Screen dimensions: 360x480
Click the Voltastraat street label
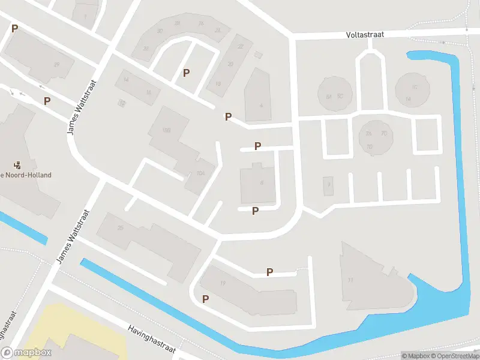coord(365,35)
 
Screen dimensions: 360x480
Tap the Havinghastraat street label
coord(152,338)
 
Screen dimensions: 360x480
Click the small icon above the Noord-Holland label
coord(17,164)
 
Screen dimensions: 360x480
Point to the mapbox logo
coord(26,353)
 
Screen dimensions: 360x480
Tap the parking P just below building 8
coord(256,211)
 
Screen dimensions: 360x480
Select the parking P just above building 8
coord(258,146)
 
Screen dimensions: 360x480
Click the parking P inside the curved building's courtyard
coord(187,73)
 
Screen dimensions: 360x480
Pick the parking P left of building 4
coord(228,116)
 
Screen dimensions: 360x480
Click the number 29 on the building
coord(56,65)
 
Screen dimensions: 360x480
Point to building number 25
coord(121,227)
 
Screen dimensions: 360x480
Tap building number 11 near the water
coord(350,280)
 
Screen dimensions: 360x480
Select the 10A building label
coord(200,173)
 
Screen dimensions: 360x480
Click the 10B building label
coord(167,130)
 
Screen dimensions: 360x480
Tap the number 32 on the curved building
coord(160,31)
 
